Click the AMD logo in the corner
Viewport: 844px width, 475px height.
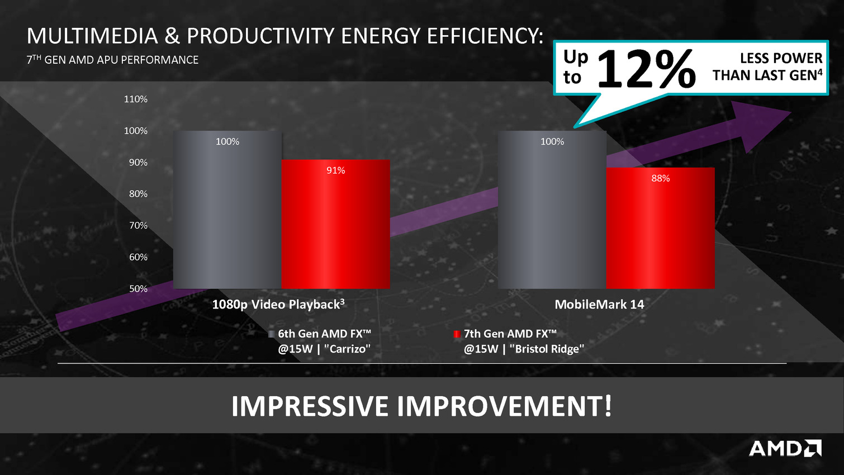coord(785,448)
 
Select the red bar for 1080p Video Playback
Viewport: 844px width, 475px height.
coord(336,224)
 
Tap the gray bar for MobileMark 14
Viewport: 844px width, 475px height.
coord(552,210)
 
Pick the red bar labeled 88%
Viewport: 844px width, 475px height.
coord(661,228)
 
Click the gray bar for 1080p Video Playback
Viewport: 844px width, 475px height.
coord(227,210)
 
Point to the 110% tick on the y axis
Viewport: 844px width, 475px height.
coord(136,99)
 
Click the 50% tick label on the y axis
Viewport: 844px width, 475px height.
coord(138,289)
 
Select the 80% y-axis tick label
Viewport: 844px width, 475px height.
coord(138,194)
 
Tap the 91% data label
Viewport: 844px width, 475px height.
coord(336,170)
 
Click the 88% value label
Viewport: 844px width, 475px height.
coord(661,179)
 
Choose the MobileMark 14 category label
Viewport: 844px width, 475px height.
coord(600,305)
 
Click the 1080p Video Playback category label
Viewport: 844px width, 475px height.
coord(278,304)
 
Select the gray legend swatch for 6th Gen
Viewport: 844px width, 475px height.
coord(271,334)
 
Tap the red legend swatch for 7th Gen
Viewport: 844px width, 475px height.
coord(457,334)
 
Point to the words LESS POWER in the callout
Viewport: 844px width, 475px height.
coord(781,58)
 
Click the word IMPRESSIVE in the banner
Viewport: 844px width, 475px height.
coord(310,406)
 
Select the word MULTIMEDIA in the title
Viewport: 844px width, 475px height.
coord(92,36)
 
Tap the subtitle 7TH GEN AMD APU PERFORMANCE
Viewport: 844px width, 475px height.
coord(112,60)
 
